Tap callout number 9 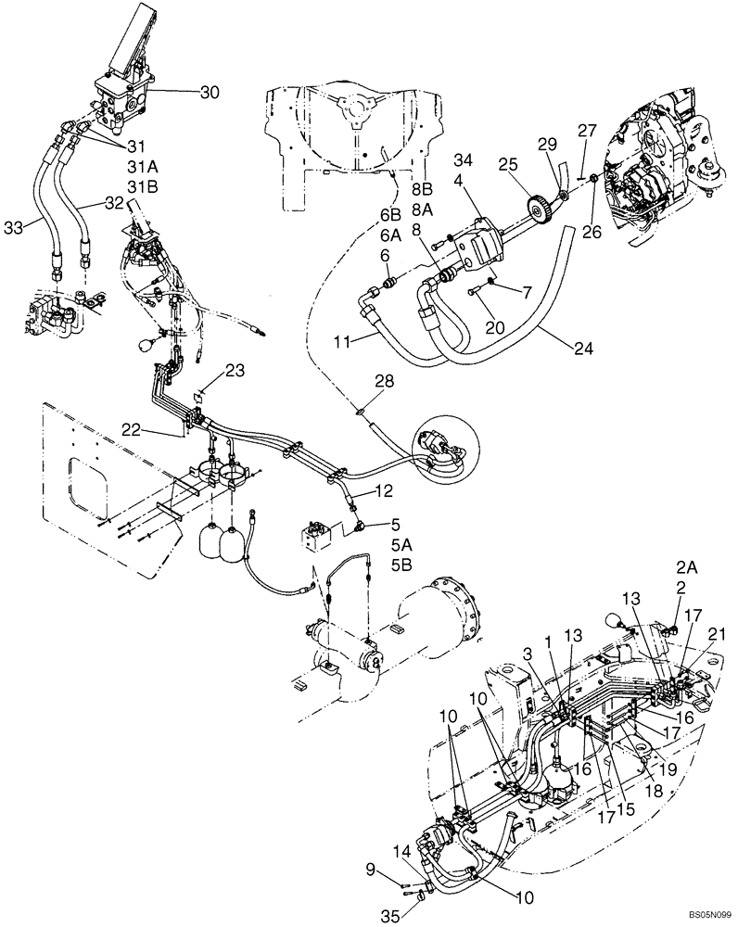click(371, 869)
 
